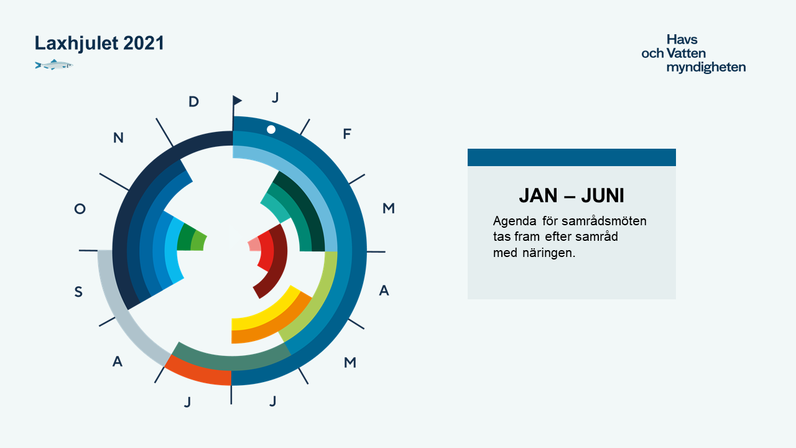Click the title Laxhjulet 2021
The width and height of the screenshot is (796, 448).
point(99,44)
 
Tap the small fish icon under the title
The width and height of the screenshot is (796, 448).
point(54,65)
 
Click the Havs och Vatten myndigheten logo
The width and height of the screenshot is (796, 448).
point(693,54)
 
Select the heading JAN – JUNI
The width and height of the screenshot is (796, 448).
point(572,195)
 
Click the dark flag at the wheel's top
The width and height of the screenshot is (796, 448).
point(237,100)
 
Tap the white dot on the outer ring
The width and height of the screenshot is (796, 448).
point(271,129)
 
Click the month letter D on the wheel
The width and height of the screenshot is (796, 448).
point(193,102)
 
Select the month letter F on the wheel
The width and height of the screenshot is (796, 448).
point(347,134)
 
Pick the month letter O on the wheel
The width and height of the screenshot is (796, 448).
point(80,208)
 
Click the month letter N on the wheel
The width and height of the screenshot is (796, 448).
point(118,138)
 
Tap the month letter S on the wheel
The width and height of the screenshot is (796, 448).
point(78,292)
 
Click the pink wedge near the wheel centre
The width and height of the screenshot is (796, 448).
point(254,245)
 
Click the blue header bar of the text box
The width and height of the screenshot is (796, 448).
point(572,157)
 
